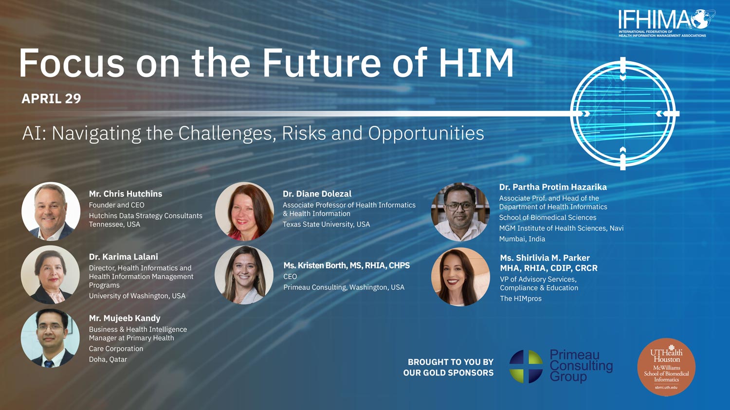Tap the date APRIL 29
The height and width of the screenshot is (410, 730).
pos(51,98)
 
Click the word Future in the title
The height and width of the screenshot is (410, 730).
pos(321,63)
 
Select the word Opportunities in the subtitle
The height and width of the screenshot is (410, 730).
pos(426,133)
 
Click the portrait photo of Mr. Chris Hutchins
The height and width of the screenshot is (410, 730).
pos(51,211)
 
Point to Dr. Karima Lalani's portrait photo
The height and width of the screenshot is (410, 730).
pos(50,274)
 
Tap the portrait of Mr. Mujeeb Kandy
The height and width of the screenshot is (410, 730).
pos(50,338)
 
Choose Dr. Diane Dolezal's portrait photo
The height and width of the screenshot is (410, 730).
pos(244,211)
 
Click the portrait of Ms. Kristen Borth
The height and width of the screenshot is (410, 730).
pos(244,275)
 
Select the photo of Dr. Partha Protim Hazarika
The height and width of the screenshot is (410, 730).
pos(460,212)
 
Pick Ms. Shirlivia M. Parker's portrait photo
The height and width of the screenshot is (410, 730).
pos(460,277)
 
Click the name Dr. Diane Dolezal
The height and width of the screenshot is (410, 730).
pos(317,194)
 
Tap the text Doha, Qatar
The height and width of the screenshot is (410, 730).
pos(108,359)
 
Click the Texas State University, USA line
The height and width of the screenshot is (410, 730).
pos(326,224)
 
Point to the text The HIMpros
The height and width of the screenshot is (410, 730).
pos(521,298)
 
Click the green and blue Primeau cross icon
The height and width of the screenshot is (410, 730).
pos(526,366)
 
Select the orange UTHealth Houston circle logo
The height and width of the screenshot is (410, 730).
pos(666,367)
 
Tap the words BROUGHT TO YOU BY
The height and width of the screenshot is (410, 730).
pos(451,362)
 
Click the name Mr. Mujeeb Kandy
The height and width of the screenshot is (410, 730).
pos(125,318)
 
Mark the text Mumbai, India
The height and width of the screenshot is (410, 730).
pos(522,239)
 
